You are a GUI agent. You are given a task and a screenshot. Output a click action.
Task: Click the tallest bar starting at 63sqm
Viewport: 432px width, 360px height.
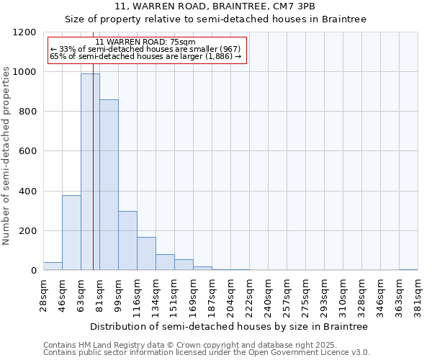pos(90,172)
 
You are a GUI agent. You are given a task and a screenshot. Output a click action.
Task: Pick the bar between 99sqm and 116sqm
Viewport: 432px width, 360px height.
pos(127,240)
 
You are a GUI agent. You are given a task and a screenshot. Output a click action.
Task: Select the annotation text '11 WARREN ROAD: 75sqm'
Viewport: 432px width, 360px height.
pos(145,42)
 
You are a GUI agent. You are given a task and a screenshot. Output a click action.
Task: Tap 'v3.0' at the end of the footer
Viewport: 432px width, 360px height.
pos(359,353)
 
